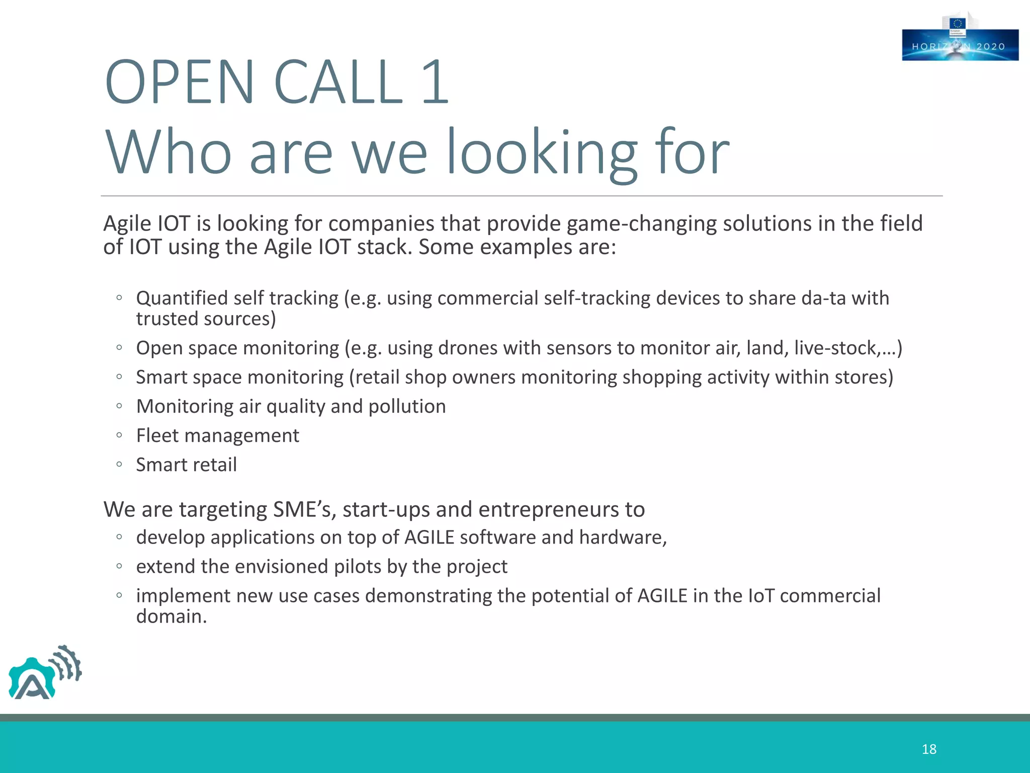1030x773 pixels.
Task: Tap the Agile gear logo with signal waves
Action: [x=44, y=673]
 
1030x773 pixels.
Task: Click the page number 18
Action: [x=929, y=749]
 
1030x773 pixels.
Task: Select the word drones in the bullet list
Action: [x=468, y=348]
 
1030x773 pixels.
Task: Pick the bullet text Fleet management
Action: [x=217, y=436]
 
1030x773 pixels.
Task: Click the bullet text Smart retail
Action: [x=186, y=465]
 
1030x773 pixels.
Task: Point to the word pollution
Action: [x=407, y=407]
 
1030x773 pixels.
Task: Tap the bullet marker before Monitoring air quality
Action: [x=119, y=406]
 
